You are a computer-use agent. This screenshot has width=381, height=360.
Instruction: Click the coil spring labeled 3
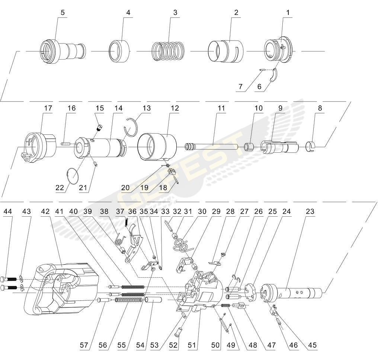point(168,51)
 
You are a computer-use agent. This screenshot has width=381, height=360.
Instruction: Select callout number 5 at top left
point(63,13)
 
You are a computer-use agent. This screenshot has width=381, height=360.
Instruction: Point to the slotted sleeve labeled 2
point(225,51)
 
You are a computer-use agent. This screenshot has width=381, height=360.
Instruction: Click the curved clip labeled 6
point(274,76)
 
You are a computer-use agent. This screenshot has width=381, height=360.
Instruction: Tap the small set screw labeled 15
point(99,127)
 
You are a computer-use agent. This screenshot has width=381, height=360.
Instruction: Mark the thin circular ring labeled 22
point(73,175)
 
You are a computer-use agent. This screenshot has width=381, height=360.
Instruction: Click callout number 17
point(48,108)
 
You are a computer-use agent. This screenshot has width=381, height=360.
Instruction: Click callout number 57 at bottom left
point(84,345)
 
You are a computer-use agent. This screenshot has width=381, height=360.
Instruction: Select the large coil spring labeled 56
point(128,300)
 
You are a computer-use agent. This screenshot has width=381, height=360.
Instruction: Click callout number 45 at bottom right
point(313,345)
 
